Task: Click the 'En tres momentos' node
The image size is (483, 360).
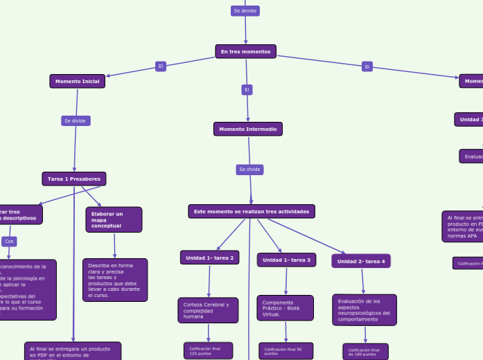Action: (x=245, y=52)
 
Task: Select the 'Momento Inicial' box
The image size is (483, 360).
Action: (x=77, y=82)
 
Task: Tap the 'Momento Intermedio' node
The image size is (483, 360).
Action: (x=248, y=129)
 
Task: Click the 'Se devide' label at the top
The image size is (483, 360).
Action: (x=245, y=11)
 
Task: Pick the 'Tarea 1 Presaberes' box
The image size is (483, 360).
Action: (x=73, y=179)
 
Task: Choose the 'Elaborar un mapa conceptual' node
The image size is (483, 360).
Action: (x=114, y=220)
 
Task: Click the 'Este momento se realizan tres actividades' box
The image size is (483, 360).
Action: (x=252, y=211)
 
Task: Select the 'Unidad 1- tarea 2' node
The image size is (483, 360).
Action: (x=209, y=258)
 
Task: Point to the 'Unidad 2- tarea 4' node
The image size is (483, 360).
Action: (x=362, y=261)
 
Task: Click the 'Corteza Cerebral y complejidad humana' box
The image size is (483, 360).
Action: (x=208, y=310)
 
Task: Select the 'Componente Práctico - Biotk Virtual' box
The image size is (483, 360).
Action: (x=286, y=308)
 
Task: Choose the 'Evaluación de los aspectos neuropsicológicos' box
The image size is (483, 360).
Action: (x=365, y=310)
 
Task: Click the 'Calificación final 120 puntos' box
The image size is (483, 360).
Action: (x=208, y=351)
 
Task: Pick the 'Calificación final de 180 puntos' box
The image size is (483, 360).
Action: (x=365, y=352)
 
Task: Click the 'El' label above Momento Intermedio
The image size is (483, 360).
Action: (x=247, y=89)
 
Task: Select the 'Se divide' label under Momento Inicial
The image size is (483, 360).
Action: (x=75, y=121)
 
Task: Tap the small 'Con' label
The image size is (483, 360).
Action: (x=9, y=242)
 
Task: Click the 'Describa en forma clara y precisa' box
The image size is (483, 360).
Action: (x=115, y=280)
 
